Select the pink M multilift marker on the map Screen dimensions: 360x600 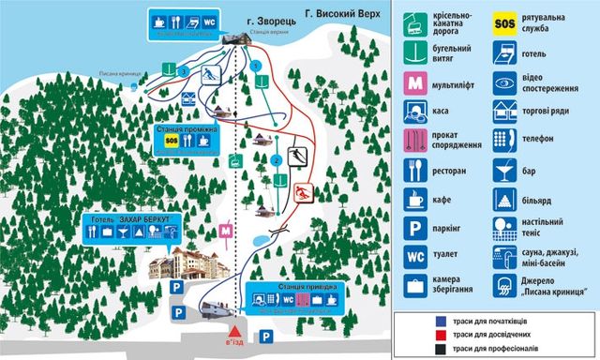pos(225,230)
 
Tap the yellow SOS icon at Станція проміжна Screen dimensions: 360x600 pos(171,141)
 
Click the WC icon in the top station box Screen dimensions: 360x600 pos(210,20)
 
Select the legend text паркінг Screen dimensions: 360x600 pos(449,226)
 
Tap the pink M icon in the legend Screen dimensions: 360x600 pos(415,83)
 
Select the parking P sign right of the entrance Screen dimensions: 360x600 pos(266,335)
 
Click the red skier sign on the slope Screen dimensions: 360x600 pos(302,194)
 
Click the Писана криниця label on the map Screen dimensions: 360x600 pos(119,74)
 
